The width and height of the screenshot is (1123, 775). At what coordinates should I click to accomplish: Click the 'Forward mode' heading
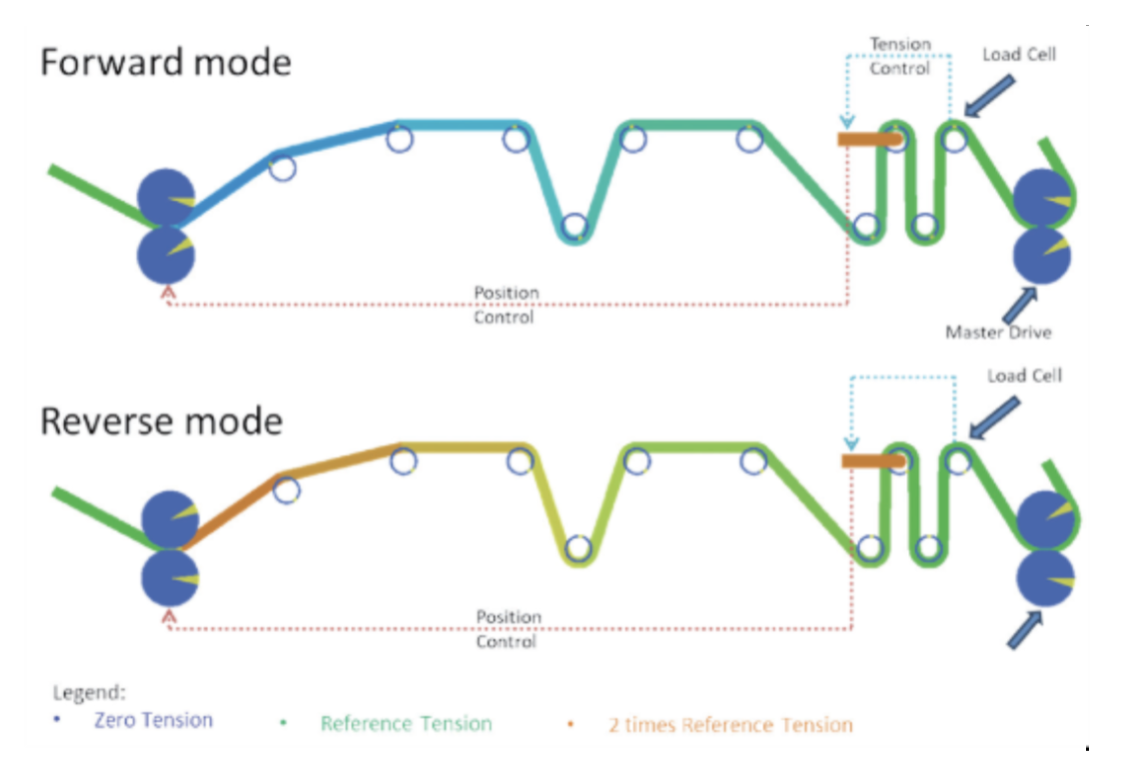click(x=166, y=62)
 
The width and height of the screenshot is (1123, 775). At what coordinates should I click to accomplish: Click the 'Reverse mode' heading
click(x=161, y=420)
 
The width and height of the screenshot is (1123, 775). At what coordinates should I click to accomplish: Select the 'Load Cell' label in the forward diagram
click(x=1018, y=54)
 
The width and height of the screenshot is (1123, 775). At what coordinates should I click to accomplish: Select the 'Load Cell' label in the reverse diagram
click(x=1024, y=377)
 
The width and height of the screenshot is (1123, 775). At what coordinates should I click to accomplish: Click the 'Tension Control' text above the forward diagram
click(x=900, y=56)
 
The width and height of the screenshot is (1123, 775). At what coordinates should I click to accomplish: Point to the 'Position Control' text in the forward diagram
click(x=507, y=305)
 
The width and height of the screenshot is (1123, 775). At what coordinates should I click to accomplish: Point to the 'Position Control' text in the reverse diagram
click(x=508, y=629)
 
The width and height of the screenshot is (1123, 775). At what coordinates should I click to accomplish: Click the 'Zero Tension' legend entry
click(x=153, y=719)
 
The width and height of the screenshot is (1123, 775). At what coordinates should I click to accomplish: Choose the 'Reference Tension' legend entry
click(x=406, y=723)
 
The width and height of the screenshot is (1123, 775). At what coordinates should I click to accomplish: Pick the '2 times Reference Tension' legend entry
click(x=730, y=725)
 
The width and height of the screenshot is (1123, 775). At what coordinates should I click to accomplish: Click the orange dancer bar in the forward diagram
click(x=869, y=139)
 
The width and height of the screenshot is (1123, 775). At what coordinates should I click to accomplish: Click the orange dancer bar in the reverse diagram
click(x=873, y=460)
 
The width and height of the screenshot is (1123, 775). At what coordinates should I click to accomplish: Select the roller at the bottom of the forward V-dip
click(x=573, y=228)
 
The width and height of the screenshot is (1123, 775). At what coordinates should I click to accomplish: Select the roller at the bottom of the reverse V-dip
click(x=578, y=548)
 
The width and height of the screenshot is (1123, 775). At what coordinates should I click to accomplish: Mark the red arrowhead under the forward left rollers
click(x=167, y=293)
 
